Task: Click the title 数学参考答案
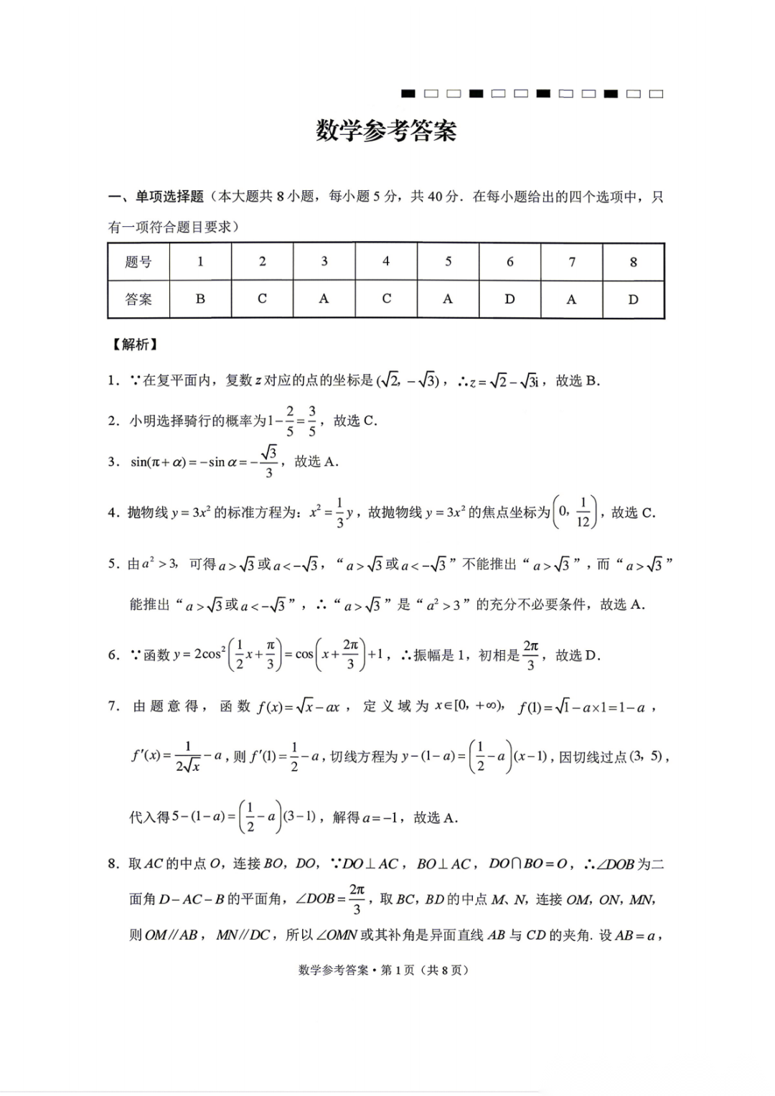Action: click(x=386, y=131)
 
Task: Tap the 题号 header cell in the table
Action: click(x=138, y=262)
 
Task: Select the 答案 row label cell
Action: click(x=138, y=299)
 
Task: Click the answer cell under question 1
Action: click(x=200, y=299)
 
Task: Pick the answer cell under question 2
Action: click(x=262, y=299)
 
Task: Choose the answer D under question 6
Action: click(x=509, y=299)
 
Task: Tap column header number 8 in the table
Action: click(x=633, y=262)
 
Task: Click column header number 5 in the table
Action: click(x=448, y=262)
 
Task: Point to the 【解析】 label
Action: click(x=133, y=345)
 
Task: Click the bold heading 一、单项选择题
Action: click(x=156, y=197)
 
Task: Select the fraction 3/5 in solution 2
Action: click(x=312, y=421)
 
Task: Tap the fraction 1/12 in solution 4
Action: click(x=583, y=512)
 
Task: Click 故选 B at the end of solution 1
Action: click(x=577, y=381)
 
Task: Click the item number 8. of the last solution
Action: click(x=113, y=864)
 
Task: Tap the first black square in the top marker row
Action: click(x=408, y=94)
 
